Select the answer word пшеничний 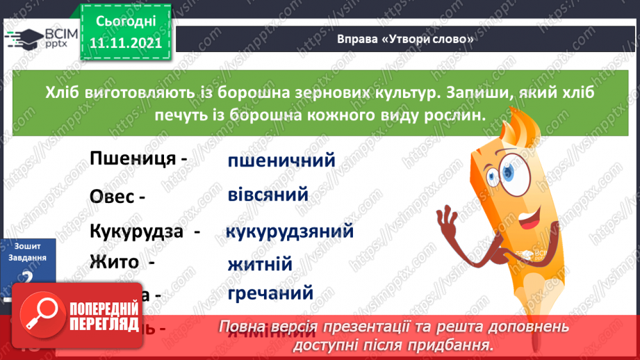281,161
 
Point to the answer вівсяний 268,195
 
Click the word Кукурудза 138,231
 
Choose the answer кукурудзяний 290,231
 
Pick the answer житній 259,265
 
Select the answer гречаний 270,293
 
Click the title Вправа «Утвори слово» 405,38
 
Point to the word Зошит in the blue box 27,246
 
